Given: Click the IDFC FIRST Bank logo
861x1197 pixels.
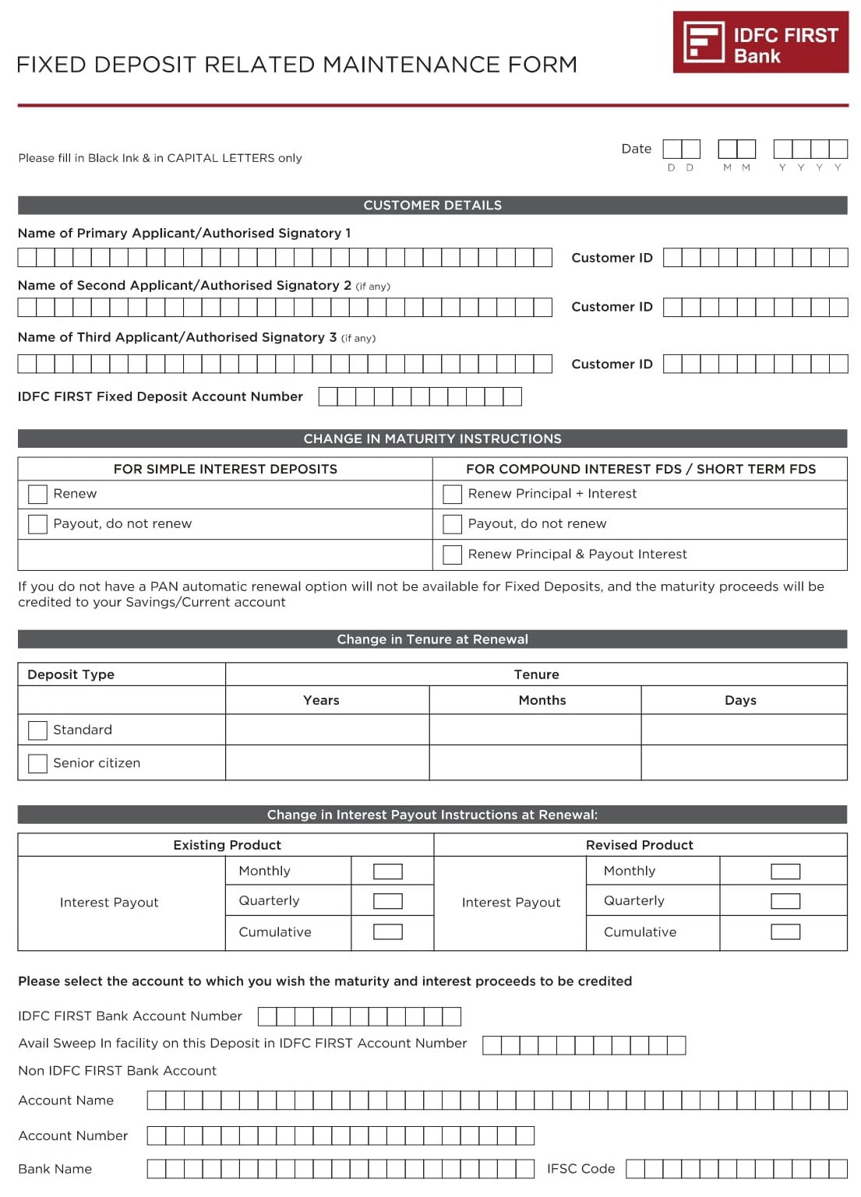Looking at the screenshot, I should tap(760, 42).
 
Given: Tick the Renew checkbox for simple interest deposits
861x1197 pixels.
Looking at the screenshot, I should tap(37, 494).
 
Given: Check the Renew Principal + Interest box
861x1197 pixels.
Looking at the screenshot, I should tap(452, 494).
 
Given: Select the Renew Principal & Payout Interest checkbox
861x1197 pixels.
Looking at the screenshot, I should tap(452, 554).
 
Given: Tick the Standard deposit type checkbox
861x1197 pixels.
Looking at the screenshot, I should tap(37, 730).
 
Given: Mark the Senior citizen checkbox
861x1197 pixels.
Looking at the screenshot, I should tap(37, 763).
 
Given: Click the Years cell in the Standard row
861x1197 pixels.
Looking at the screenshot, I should tap(326, 730).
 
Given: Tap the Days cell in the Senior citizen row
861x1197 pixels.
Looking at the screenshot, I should tap(743, 762).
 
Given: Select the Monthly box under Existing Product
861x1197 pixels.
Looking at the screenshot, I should tap(387, 871).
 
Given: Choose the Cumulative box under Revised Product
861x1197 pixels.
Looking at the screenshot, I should tap(785, 932).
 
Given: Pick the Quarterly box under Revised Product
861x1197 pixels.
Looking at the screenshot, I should tap(785, 901).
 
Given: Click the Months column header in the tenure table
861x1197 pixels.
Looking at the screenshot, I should tap(542, 700).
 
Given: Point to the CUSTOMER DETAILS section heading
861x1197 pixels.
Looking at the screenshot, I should tap(432, 206).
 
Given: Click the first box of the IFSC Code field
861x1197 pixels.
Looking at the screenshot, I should tap(635, 1168).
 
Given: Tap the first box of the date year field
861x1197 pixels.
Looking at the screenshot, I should tap(782, 149).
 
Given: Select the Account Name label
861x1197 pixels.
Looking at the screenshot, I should tap(66, 1100).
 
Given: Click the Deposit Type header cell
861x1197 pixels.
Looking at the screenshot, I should tap(71, 674).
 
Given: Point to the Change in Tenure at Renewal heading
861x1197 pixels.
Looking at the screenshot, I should tap(432, 639).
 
